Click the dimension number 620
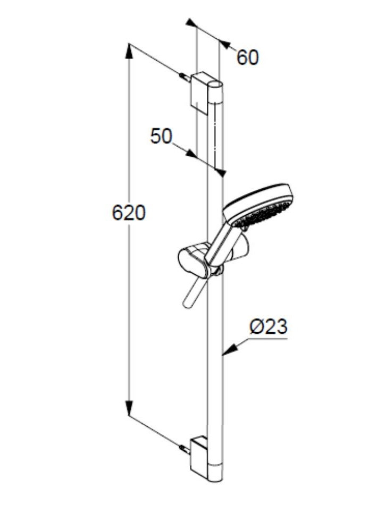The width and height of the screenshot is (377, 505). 128,213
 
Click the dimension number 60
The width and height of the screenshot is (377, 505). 247,57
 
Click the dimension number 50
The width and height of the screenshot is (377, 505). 161,137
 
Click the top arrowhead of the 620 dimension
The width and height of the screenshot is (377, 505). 129,51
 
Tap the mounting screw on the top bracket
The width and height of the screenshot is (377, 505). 184,78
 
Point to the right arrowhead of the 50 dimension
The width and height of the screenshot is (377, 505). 221,172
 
